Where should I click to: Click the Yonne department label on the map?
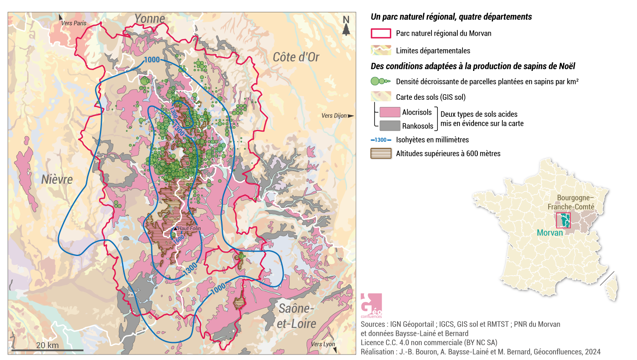click(x=149, y=19)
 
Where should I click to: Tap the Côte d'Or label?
click(x=296, y=57)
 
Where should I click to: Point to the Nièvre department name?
click(x=57, y=180)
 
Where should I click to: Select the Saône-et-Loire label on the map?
click(x=296, y=316)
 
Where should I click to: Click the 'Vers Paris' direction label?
click(x=73, y=23)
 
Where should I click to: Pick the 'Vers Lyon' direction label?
click(x=323, y=344)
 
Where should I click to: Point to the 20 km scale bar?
click(x=47, y=350)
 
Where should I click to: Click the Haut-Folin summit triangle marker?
click(x=175, y=228)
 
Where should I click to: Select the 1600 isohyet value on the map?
click(x=179, y=239)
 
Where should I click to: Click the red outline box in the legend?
click(x=381, y=34)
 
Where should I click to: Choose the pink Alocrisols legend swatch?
click(x=389, y=112)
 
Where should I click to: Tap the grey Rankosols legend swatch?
click(x=389, y=126)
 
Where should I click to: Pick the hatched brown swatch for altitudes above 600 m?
click(x=381, y=154)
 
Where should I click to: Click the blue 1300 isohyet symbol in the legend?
click(x=381, y=140)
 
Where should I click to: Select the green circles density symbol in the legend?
click(x=380, y=81)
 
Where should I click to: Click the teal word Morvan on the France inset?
click(x=550, y=233)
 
